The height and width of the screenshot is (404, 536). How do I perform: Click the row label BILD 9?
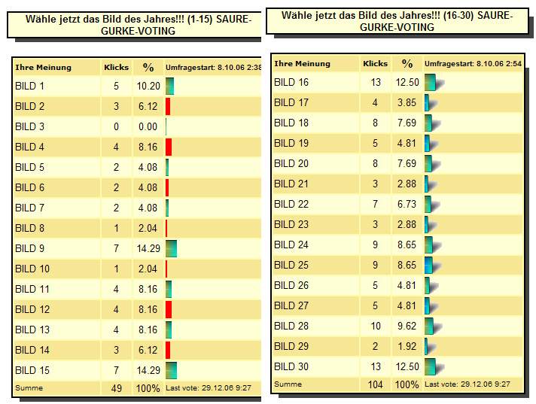click(30, 248)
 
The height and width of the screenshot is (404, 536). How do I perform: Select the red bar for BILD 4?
click(169, 147)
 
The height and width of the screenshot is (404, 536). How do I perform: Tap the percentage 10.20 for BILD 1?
click(148, 86)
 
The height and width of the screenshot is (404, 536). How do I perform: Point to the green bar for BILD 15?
click(171, 370)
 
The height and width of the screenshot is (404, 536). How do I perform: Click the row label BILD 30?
click(291, 366)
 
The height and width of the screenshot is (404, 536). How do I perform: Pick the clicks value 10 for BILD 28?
click(375, 326)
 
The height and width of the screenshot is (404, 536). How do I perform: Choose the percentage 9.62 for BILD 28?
click(407, 326)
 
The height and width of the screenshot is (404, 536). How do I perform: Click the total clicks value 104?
click(375, 384)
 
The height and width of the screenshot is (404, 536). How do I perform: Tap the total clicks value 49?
click(116, 388)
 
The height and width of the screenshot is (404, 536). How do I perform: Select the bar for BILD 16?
click(430, 83)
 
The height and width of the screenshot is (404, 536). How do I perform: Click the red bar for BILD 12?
click(169, 309)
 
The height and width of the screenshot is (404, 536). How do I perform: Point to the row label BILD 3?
click(30, 126)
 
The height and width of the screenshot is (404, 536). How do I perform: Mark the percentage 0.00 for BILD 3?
click(148, 126)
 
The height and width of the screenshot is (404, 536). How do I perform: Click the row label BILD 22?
click(291, 204)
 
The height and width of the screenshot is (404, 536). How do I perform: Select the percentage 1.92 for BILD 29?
click(407, 346)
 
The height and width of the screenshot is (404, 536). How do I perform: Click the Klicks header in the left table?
click(116, 67)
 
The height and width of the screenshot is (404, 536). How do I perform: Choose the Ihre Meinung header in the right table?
click(302, 64)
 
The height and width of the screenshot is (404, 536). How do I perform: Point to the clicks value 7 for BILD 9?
click(116, 248)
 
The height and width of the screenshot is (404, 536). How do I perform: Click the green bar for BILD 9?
click(171, 248)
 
